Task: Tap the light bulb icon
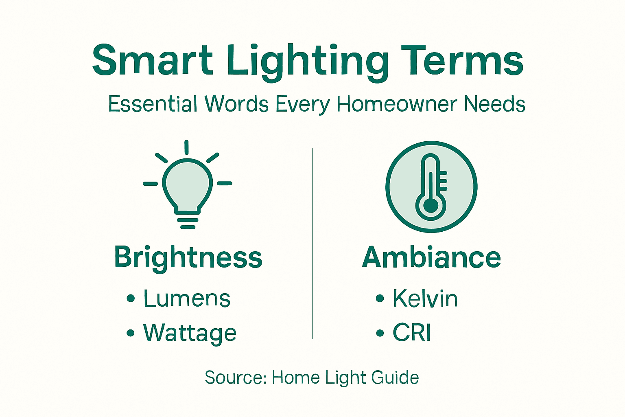point(188,187)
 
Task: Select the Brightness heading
point(188,257)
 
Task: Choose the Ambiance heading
point(431,257)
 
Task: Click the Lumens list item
point(187,298)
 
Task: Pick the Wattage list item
point(190,333)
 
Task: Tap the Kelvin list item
point(425,298)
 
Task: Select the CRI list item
point(411,333)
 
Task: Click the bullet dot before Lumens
point(130,298)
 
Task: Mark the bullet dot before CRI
point(380,333)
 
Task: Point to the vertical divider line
point(312,244)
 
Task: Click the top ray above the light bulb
point(186,147)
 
